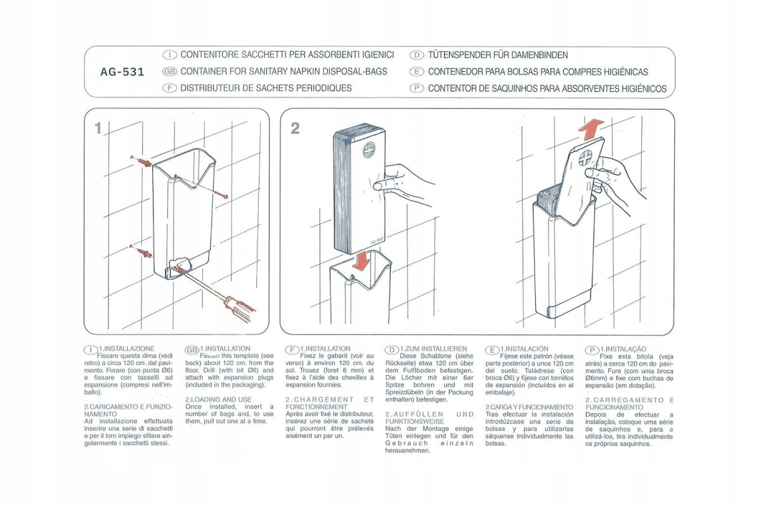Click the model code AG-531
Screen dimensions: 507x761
click(122, 72)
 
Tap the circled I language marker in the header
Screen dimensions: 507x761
click(169, 55)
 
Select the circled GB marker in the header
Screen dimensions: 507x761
click(169, 72)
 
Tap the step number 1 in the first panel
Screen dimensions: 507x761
click(98, 129)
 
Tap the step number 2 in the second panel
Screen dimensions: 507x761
click(295, 129)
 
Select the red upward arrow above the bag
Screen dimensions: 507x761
click(590, 130)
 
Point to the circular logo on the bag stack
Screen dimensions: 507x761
click(370, 151)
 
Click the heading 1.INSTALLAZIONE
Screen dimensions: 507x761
click(126, 349)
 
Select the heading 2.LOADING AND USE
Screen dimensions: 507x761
click(218, 400)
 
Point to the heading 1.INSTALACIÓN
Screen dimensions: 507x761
click(524, 349)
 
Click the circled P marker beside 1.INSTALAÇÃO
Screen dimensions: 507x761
click(592, 350)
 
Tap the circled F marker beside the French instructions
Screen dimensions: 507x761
click(292, 350)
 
